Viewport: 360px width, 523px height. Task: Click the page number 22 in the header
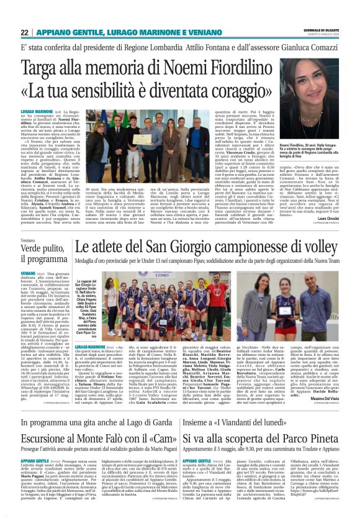pos(24,32)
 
